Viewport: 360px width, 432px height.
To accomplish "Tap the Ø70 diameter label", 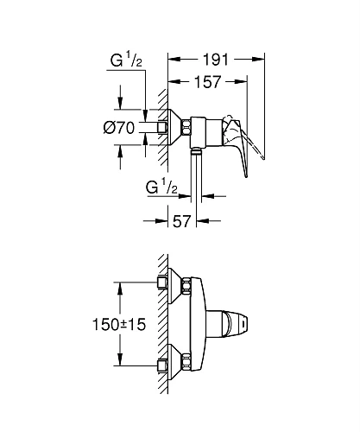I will click(117, 127).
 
